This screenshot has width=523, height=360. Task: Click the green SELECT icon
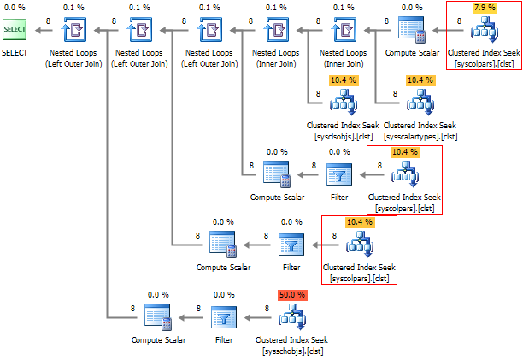pyautogui.click(x=15, y=31)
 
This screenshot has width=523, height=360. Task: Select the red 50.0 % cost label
pyautogui.click(x=291, y=294)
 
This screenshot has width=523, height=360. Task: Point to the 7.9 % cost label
pyautogui.click(x=484, y=8)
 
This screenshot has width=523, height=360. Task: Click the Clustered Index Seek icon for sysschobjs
pyautogui.click(x=291, y=319)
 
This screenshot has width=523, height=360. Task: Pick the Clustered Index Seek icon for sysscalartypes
pyautogui.click(x=420, y=104)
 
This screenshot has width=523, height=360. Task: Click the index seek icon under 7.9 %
pyautogui.click(x=484, y=32)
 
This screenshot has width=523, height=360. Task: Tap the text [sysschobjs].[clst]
pyautogui.click(x=291, y=350)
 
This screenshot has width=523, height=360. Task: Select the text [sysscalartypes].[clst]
pyautogui.click(x=420, y=135)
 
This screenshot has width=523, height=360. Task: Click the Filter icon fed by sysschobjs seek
pyautogui.click(x=224, y=319)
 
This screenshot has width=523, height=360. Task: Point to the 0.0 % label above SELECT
pyautogui.click(x=15, y=8)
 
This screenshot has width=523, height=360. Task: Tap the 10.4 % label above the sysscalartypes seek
pyautogui.click(x=420, y=80)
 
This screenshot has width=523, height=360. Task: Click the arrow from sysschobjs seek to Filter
pyautogui.click(x=258, y=319)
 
